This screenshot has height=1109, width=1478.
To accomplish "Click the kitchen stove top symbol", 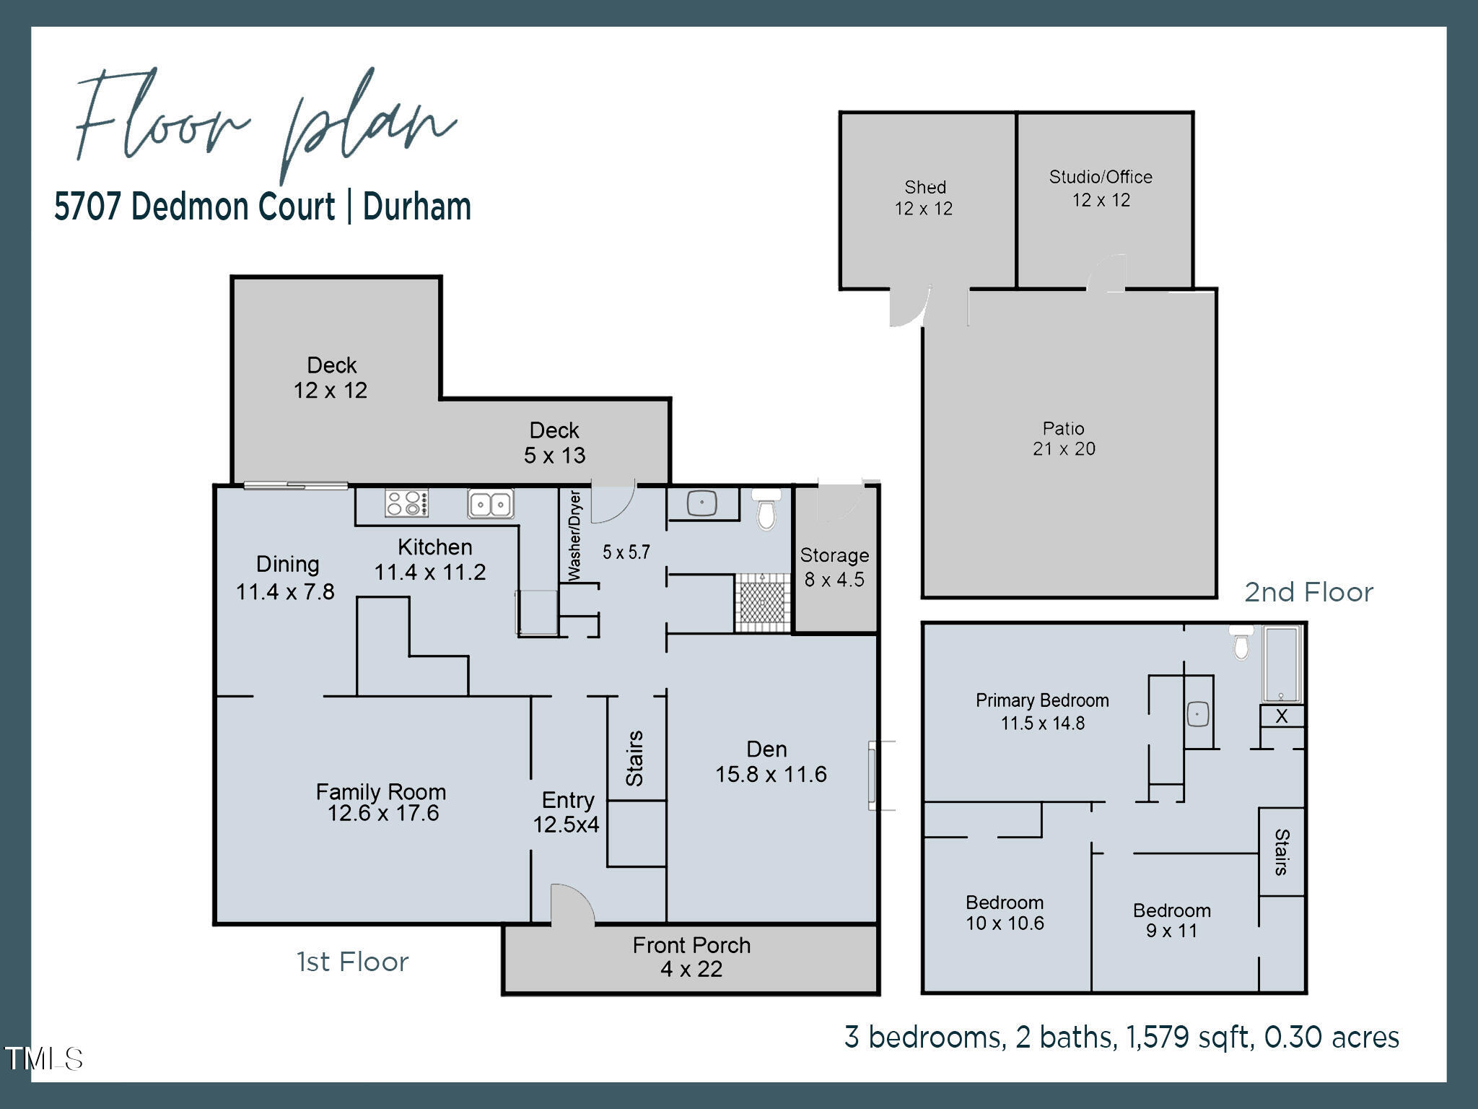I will [x=407, y=503].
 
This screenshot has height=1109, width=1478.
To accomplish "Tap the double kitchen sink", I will [x=491, y=503].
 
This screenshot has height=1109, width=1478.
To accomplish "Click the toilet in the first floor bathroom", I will [x=766, y=508].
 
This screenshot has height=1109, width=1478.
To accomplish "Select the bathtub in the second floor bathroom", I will [x=1282, y=664].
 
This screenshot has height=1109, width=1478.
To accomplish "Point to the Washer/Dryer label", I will [x=575, y=535].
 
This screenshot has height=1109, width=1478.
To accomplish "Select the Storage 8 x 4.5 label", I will [x=834, y=567].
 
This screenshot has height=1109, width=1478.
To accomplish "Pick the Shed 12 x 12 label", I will [x=924, y=198].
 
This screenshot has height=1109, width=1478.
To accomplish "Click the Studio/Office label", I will [x=1101, y=178].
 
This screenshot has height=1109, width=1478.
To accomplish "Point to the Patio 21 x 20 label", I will [x=1064, y=439].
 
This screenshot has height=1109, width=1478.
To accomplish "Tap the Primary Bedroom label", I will [x=1042, y=700].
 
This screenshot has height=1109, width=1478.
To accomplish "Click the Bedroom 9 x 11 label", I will [x=1171, y=921].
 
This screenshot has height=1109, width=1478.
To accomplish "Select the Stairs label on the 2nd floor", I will [x=1282, y=852].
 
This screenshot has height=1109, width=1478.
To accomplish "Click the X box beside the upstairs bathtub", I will [x=1282, y=716].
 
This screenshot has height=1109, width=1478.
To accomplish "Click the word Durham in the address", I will [x=417, y=206].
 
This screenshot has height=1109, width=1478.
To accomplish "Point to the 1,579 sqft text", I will [x=1184, y=1038].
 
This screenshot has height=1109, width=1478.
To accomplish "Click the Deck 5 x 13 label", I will [x=554, y=443].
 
